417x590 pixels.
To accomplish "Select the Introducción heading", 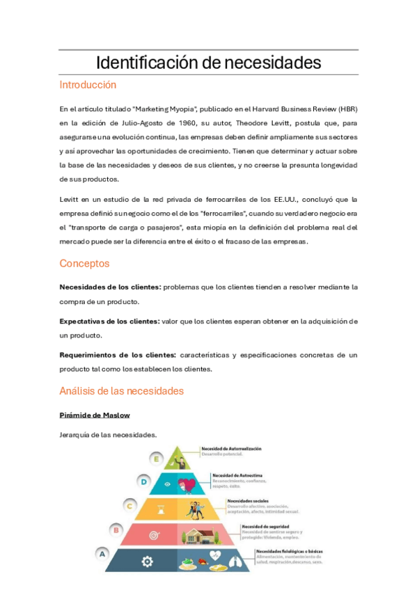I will [x=88, y=86].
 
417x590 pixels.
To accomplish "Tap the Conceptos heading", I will [x=84, y=264].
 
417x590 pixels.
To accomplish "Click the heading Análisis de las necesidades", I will [x=122, y=391].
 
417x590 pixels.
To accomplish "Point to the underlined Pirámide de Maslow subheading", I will [x=95, y=415].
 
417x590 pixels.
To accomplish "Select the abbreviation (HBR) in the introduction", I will [x=346, y=109].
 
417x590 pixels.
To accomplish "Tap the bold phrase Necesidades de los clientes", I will [x=110, y=287].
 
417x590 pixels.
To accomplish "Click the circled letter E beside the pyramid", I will [x=157, y=459].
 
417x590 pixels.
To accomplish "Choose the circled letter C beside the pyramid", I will [x=129, y=506].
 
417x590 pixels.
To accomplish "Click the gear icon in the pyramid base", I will [x=147, y=561].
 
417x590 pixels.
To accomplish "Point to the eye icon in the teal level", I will [x=168, y=484].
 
